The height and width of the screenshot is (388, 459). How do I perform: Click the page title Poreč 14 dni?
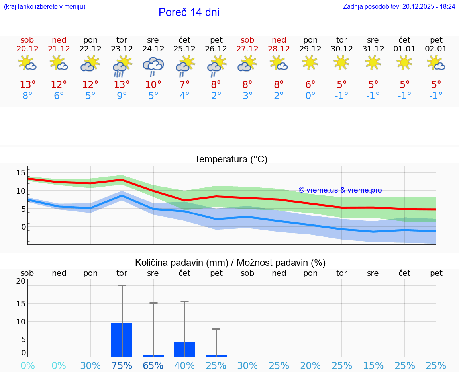pos(189,12)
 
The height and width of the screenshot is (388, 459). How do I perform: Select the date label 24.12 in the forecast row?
pos(153,49)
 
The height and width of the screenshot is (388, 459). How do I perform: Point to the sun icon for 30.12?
pos(341,62)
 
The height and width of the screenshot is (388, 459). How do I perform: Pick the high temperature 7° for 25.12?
pos(184,85)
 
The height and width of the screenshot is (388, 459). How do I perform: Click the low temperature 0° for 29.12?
pos(310,96)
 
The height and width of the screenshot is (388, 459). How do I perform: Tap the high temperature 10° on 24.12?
pos(153,85)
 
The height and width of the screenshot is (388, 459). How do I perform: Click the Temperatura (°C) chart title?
pos(231,160)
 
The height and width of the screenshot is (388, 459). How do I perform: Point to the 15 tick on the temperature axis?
pos(21,173)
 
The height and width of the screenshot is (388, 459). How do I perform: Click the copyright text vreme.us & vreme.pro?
pos(340,190)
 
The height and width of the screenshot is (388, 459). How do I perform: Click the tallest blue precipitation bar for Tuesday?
pos(122,340)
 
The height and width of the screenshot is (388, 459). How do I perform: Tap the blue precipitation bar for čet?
pos(184,349)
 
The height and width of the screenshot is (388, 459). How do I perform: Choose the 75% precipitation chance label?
pos(122,365)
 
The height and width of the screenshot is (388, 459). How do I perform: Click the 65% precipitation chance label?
pos(153,365)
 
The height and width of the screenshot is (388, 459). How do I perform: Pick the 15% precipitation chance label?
pos(373,365)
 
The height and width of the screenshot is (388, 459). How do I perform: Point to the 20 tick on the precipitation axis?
pos(21,281)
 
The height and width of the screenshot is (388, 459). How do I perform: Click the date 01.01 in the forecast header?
pos(404,49)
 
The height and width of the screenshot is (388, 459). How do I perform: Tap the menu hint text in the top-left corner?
pos(45,7)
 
